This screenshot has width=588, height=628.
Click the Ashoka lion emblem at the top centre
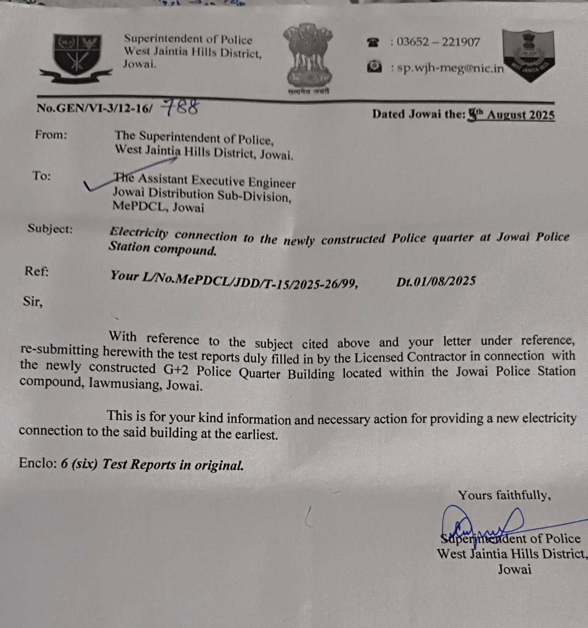[308, 57]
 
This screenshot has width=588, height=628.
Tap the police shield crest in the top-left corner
[77, 57]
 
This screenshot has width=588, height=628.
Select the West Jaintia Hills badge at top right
[529, 55]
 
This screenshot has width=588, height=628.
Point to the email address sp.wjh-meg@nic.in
[450, 68]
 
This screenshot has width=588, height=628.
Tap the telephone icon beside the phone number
[373, 42]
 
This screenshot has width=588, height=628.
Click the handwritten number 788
[180, 107]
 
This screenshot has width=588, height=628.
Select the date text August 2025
[521, 115]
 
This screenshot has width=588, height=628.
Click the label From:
[51, 135]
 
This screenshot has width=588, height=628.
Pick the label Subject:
[50, 228]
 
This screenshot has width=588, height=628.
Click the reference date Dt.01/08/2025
[435, 281]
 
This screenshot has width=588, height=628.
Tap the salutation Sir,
[33, 301]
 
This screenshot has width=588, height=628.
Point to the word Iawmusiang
[125, 383]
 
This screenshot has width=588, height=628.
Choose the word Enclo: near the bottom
[38, 463]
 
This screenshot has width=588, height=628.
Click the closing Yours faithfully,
[504, 495]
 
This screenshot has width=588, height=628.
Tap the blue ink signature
[483, 524]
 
